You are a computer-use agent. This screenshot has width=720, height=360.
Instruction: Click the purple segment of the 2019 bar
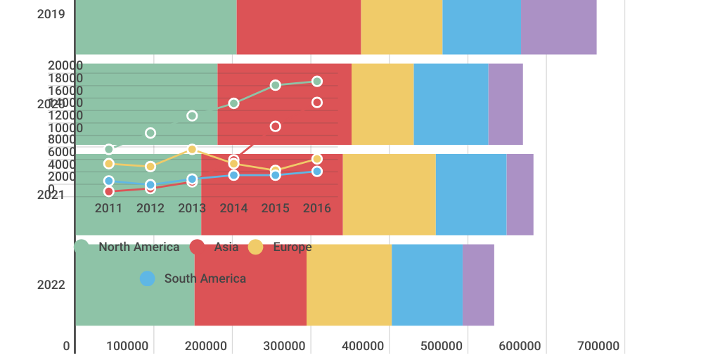point(559,27)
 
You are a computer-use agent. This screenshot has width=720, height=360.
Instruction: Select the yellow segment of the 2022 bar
point(349,285)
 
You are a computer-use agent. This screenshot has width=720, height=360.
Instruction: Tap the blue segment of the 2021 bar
point(471,194)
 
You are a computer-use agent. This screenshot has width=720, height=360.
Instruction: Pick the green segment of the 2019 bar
point(155,27)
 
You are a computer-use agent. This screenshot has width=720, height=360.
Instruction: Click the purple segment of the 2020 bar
point(506,104)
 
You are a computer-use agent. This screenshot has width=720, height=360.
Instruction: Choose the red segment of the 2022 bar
point(250,285)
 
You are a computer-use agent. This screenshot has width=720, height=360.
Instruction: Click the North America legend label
point(139,247)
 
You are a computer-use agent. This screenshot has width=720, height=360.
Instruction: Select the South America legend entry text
point(205,278)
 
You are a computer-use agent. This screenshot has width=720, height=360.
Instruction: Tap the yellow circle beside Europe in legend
point(256,247)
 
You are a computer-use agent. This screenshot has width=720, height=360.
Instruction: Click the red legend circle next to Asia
point(198,247)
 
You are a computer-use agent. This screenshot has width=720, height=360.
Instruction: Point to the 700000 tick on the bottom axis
point(598,346)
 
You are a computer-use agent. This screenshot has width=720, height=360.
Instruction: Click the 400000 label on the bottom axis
point(364,346)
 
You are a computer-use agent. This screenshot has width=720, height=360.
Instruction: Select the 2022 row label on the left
point(51,285)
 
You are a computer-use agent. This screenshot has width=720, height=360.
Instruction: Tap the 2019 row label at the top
point(51,14)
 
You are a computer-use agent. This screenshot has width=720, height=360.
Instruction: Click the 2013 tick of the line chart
point(192,208)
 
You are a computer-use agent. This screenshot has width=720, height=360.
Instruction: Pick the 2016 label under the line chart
point(317,208)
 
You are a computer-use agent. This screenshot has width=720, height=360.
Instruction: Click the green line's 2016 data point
point(317,82)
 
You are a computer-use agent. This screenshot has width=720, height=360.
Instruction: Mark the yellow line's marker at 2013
point(192,149)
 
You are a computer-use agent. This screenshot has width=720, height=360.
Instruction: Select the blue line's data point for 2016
point(317,172)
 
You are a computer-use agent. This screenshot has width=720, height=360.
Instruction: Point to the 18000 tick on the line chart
point(65,78)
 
